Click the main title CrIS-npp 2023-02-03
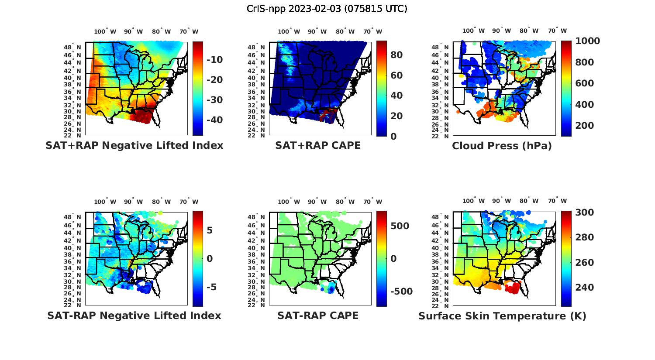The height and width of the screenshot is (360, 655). (x=327, y=9)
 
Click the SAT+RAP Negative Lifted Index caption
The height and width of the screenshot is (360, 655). (x=134, y=146)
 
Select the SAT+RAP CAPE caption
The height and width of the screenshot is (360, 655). (x=318, y=146)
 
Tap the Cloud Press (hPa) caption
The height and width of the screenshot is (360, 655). (x=502, y=146)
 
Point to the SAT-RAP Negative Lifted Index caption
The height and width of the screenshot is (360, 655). (x=134, y=315)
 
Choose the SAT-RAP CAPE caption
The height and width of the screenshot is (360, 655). (x=318, y=315)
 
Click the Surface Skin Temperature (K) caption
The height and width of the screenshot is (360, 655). (x=502, y=316)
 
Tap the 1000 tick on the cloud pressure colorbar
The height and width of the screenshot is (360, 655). (x=587, y=41)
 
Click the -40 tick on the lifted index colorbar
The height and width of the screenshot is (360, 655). (x=214, y=120)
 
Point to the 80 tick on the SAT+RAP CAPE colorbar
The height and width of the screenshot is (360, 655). (x=396, y=55)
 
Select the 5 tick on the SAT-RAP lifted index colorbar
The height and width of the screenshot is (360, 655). (x=210, y=230)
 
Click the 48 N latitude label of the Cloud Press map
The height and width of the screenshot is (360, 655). (x=445, y=48)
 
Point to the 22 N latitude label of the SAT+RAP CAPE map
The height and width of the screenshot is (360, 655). (x=261, y=136)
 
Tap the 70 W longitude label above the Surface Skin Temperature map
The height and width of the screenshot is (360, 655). (x=557, y=202)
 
